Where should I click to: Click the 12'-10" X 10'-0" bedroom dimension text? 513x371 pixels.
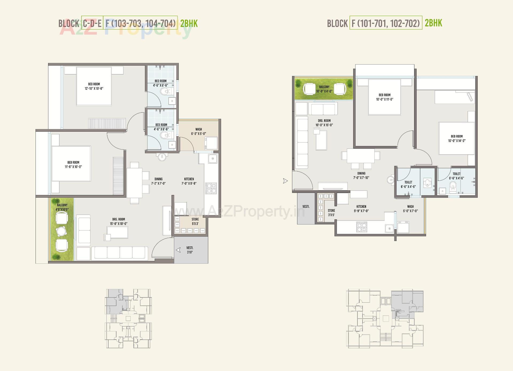[x=94, y=89]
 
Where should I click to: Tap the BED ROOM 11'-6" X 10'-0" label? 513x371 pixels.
[x=73, y=165]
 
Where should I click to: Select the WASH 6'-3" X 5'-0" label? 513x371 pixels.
[x=199, y=132]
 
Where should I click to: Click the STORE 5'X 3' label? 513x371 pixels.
[x=195, y=221]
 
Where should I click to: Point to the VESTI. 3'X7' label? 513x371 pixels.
[x=190, y=250]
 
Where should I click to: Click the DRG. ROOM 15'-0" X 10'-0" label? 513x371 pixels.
[x=119, y=221]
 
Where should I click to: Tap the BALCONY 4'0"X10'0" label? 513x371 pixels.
[x=62, y=207]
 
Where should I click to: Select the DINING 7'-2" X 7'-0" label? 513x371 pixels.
[x=158, y=181]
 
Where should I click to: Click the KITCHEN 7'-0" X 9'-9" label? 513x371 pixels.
[x=189, y=181]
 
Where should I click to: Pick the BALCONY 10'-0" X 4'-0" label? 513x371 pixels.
[x=324, y=89]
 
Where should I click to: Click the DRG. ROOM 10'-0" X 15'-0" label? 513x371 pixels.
[x=324, y=123]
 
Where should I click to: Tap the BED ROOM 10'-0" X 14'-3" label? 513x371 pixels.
[x=457, y=139]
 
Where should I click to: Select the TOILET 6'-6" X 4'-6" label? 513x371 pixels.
[x=456, y=176]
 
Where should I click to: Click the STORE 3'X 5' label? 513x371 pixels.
[x=331, y=213]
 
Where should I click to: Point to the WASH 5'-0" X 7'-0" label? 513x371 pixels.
[x=410, y=209]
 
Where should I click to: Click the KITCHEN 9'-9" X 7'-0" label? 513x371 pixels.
[x=361, y=209]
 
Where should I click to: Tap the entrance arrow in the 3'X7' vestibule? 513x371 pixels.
[x=178, y=250]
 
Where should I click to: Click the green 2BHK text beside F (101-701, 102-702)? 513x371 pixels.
[x=433, y=23]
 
